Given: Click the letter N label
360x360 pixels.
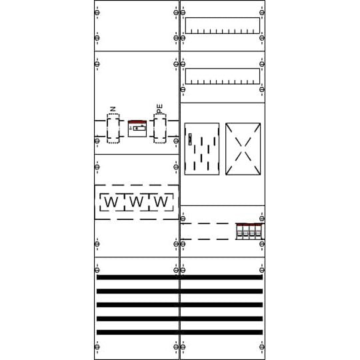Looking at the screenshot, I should pos(113,109).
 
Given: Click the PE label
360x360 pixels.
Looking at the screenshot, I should pos(159,107).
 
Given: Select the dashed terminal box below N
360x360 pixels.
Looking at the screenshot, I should pos(113,128).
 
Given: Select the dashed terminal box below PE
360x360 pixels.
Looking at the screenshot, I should pos(159,128).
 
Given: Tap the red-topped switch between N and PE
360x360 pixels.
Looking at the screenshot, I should pos(137,128).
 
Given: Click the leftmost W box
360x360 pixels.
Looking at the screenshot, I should pos(111,202).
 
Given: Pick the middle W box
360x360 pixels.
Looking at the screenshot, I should pos(136,202).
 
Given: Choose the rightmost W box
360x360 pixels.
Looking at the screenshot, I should pos(161,202).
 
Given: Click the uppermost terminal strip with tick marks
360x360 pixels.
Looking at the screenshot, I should pos(222,25).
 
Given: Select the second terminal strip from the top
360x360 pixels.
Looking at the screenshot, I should pos(222,76).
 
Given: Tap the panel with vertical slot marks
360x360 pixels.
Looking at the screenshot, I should pos(201,149).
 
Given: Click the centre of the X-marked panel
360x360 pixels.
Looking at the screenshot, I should pos(243,149).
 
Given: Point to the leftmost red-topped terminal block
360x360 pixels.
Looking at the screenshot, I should pos(239,231).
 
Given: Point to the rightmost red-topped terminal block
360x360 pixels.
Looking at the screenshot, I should pos(258,231).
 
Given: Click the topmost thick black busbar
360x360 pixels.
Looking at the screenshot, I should pos(179,277).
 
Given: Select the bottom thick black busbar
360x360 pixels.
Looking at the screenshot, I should pos(179,332).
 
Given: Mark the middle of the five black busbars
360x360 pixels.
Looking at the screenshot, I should pos(179,305).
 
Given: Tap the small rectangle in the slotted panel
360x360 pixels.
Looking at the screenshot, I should pos(190,139).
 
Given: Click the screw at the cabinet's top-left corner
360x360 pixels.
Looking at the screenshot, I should pos(97,13).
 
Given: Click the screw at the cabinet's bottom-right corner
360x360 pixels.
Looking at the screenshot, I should pos(261,347).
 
